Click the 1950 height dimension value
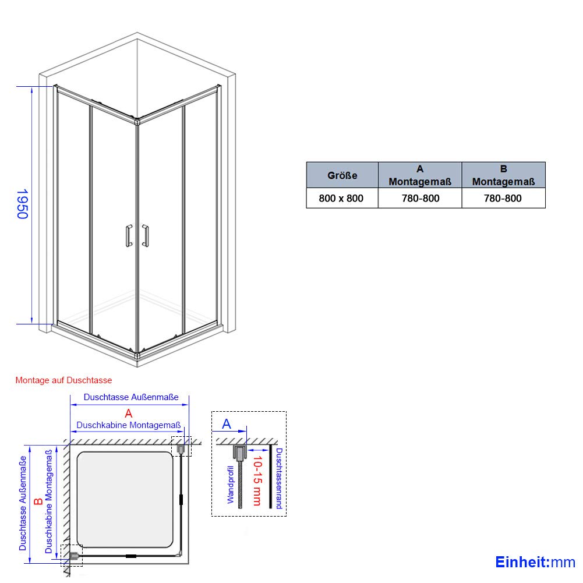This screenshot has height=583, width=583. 23,204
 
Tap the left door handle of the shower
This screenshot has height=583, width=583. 129,236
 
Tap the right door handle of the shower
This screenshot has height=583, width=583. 146,236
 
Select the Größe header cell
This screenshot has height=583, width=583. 342,175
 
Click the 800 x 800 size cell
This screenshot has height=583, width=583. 341,198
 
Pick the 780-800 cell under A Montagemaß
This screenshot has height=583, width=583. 420,198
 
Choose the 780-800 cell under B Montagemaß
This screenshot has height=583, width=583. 503,198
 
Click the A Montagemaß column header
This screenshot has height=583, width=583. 420,175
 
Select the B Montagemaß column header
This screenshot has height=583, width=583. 503,175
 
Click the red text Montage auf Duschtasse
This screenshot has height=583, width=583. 63,380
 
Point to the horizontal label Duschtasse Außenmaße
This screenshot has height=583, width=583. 131,397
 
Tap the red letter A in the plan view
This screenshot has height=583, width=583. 129,413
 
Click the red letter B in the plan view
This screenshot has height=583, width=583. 38,501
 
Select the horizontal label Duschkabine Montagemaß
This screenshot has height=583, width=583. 128,425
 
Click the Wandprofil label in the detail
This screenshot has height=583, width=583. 231,485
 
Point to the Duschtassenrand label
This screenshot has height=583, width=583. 279,478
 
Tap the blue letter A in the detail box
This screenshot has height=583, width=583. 227,424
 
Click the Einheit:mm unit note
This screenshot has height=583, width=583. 535,562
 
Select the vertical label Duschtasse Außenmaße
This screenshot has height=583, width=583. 23,503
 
